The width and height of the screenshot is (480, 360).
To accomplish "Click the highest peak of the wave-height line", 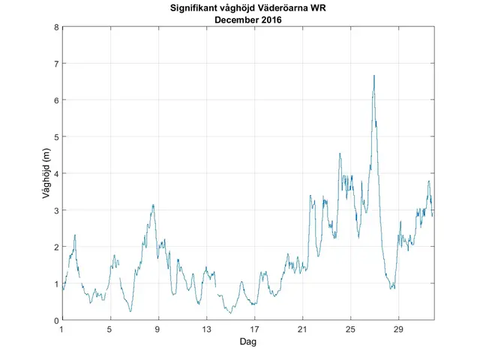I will (373, 75).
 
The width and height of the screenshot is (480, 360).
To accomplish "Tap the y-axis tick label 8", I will (56, 27).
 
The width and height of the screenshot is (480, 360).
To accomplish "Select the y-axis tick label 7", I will (56, 64).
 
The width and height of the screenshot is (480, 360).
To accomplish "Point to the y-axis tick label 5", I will (56, 136).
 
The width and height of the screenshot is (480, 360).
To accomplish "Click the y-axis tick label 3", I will (56, 210).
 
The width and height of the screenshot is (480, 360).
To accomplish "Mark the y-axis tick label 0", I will (56, 320).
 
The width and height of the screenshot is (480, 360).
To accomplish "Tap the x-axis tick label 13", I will (206, 329).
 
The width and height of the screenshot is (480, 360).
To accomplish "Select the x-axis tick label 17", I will (255, 329).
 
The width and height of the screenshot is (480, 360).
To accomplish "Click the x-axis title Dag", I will (247, 342).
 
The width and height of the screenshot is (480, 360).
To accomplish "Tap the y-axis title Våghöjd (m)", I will (46, 173).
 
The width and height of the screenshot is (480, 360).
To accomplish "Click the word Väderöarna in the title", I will (287, 9).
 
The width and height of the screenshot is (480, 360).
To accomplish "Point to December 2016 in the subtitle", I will (247, 20).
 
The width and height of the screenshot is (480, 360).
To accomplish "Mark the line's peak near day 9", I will (153, 204).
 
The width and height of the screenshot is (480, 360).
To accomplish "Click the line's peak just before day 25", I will (340, 153).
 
